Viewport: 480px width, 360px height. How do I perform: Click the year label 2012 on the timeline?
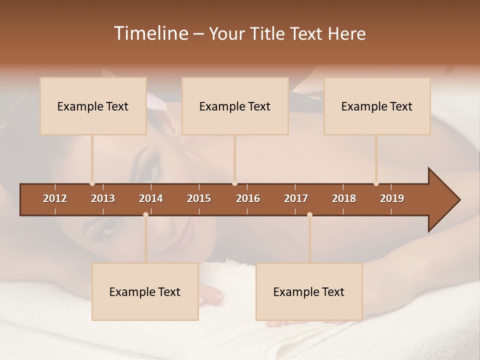pos(55,198)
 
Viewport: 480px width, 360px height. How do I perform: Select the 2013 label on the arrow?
pos(103,198)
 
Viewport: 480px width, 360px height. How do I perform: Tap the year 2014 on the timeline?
pos(151,198)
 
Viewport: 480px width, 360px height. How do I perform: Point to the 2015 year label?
pos(199,198)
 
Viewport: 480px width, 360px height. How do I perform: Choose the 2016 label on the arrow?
pos(248,198)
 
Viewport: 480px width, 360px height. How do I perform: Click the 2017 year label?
pos(296,198)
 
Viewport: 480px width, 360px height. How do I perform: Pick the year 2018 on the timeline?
pos(344,198)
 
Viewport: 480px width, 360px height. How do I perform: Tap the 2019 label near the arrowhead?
pos(392,198)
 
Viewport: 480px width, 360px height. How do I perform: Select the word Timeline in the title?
pos(151,33)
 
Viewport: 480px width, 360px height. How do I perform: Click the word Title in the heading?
pos(268,33)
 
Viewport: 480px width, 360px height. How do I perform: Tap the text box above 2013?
pos(93,106)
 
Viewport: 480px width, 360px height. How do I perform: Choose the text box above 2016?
pos(235,106)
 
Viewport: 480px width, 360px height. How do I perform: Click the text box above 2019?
pos(377,106)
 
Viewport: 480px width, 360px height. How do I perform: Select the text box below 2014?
pos(145,291)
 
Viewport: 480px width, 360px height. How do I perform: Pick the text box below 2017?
pos(309,291)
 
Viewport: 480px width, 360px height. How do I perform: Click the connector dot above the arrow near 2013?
pos(92,183)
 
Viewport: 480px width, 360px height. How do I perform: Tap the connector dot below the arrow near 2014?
pos(145,214)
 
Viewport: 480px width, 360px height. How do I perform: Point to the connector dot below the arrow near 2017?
pos(309,214)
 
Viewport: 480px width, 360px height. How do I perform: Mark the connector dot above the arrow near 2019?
pos(376,183)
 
